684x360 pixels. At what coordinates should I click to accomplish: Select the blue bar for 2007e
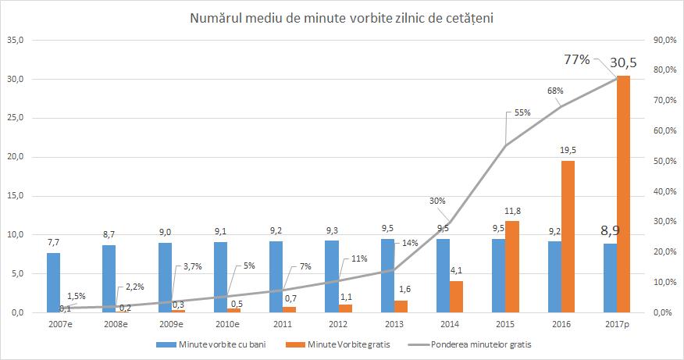(53, 282)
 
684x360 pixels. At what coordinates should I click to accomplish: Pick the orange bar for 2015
(513, 266)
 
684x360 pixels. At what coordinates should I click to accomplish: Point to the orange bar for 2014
(457, 296)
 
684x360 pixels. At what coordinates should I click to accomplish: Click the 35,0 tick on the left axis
(15, 40)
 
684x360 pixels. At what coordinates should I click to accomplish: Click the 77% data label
(577, 59)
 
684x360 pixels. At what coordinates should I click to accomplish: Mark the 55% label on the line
(522, 112)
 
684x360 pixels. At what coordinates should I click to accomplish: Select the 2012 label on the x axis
(340, 324)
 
